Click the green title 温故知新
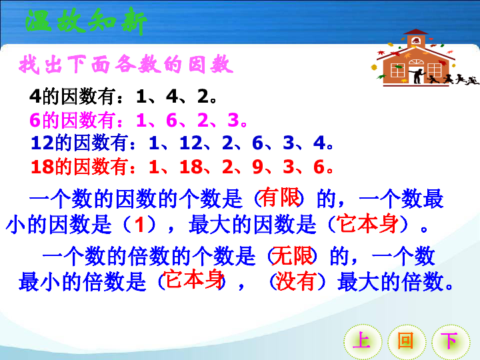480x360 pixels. click(86, 21)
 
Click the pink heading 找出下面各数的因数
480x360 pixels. click(126, 64)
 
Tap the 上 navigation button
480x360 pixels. click(362, 341)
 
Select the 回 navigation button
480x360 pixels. click(407, 341)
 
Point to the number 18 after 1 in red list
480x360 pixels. click(191, 167)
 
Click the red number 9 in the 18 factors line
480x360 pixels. click(258, 167)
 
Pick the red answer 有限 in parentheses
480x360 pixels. click(279, 197)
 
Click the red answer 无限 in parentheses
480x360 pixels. click(292, 255)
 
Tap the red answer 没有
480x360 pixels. click(295, 281)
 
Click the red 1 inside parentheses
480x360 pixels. click(139, 225)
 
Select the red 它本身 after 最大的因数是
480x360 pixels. click(367, 224)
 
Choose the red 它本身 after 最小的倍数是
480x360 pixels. click(193, 279)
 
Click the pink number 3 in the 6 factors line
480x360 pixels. click(233, 120)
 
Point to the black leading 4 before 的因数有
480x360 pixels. click(35, 96)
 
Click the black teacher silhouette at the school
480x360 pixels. click(417, 75)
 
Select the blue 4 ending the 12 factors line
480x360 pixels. click(319, 143)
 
